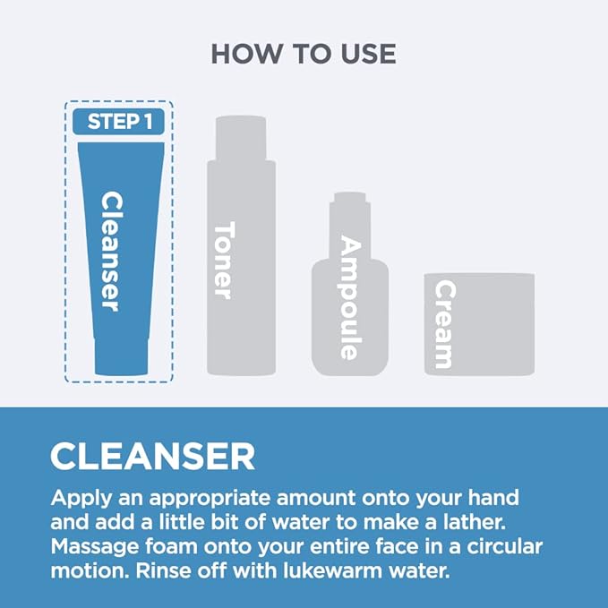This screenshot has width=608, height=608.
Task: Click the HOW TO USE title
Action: click(x=304, y=54)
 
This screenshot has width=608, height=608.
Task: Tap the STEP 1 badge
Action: click(x=119, y=122)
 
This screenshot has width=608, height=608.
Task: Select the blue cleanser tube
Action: click(x=121, y=259)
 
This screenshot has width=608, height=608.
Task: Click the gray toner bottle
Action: click(x=241, y=245)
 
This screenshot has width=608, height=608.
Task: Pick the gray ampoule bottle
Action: click(x=350, y=284)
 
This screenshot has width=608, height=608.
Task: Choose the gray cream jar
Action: click(x=479, y=324)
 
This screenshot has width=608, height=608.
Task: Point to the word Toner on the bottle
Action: click(x=224, y=261)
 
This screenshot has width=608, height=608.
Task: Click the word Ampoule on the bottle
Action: click(x=350, y=298)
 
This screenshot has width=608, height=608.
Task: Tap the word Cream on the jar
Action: click(x=444, y=324)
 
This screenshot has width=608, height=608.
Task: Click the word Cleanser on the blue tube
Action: click(x=111, y=252)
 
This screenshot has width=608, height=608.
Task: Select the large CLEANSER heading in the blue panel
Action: click(x=153, y=457)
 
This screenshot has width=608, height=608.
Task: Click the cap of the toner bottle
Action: click(x=241, y=138)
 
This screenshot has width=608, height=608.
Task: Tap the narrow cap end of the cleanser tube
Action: click(x=121, y=357)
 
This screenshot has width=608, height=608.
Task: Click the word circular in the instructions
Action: click(x=504, y=546)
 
